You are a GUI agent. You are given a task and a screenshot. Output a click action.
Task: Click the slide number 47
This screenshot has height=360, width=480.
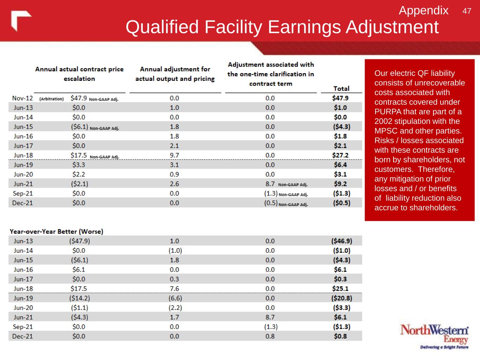pyautogui.click(x=467, y=11)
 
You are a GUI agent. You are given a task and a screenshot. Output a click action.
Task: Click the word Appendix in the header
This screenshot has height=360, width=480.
pyautogui.click(x=423, y=11)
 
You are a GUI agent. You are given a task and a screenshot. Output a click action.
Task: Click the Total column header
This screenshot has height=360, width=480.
pyautogui.click(x=341, y=89)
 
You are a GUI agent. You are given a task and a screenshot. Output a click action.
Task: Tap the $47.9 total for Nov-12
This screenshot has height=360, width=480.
pyautogui.click(x=340, y=98)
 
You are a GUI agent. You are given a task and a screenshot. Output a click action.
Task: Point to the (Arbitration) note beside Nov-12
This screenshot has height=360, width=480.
pyautogui.click(x=51, y=99)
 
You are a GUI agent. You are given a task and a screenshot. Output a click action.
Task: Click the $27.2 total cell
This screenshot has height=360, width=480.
pyautogui.click(x=340, y=155)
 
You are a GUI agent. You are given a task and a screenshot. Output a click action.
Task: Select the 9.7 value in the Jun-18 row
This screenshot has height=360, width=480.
pyautogui.click(x=174, y=155)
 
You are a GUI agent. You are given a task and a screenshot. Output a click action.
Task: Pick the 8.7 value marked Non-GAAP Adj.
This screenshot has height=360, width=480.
pyautogui.click(x=270, y=184)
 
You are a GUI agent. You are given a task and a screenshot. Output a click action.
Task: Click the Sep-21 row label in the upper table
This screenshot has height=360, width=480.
pyautogui.click(x=23, y=193)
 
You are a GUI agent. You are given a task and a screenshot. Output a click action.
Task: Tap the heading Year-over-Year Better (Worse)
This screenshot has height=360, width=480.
pyautogui.click(x=57, y=231)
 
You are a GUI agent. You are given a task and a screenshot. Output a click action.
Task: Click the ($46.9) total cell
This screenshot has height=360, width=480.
pyautogui.click(x=341, y=241)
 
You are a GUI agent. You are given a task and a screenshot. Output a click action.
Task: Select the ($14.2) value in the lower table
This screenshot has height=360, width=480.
pyautogui.click(x=79, y=298)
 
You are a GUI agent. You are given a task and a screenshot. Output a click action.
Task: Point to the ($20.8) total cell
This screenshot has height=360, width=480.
pyautogui.click(x=341, y=298)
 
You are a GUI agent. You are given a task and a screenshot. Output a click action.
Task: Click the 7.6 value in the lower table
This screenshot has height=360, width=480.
pyautogui.click(x=174, y=289)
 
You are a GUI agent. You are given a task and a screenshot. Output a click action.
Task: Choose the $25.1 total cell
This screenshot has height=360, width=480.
pyautogui.click(x=340, y=289)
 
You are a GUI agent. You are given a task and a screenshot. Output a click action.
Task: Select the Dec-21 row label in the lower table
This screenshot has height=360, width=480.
pyautogui.click(x=23, y=336)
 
